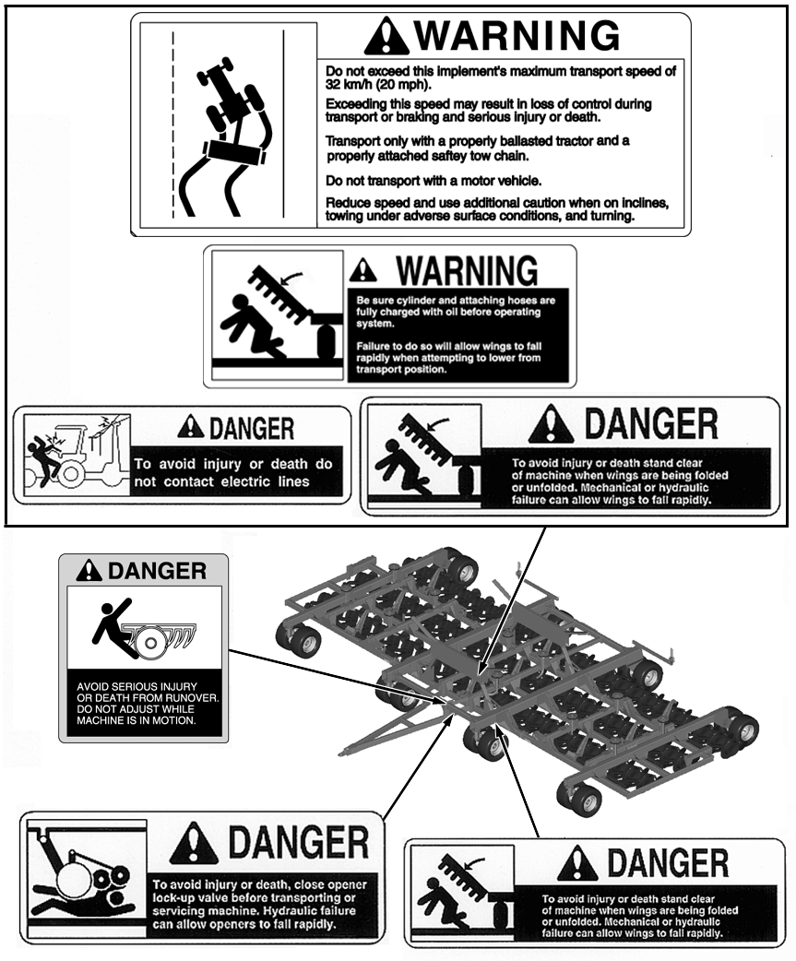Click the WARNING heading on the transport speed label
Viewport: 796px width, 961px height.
517,35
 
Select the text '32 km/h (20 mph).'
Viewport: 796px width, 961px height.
378,85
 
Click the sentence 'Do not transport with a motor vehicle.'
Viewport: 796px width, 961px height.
434,181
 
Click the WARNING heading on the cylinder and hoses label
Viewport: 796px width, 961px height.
467,270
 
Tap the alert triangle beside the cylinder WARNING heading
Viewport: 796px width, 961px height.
363,269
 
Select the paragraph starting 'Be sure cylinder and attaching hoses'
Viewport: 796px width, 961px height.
456,312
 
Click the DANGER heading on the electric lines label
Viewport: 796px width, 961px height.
252,429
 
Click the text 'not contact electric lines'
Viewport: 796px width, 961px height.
221,481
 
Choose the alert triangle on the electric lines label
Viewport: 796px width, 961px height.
191,427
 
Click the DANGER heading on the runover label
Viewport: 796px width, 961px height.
157,571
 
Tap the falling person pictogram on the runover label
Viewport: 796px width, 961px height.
113,628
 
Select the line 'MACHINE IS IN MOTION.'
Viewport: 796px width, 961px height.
136,720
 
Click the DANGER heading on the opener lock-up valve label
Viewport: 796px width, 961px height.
299,842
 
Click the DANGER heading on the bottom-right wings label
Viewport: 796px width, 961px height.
667,862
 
